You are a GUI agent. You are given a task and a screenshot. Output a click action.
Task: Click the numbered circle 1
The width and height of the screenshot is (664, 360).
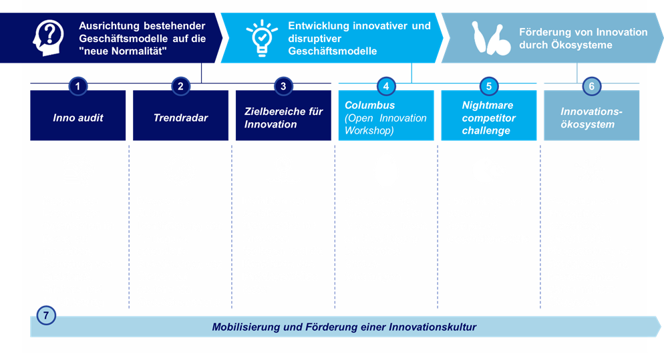coord(78,86)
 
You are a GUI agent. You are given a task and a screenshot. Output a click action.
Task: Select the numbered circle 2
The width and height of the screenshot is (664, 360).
coord(180,86)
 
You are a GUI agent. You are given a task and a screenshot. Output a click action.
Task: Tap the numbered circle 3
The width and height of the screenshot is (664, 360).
coord(283,86)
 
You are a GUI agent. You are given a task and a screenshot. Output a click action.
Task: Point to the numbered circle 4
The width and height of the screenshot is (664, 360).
coord(386,86)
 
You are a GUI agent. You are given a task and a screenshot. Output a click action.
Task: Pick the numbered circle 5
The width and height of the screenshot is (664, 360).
coord(489,86)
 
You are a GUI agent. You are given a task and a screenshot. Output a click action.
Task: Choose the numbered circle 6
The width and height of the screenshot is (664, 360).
coord(591,86)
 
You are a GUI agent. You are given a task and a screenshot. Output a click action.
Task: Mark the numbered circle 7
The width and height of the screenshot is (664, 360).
coord(45,315)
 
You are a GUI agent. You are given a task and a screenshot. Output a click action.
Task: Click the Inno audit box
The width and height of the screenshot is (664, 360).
coord(78,118)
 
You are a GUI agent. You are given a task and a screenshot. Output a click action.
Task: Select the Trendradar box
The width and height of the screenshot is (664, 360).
coord(180,118)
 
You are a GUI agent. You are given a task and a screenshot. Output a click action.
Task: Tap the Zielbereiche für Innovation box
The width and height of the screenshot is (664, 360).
coord(283,118)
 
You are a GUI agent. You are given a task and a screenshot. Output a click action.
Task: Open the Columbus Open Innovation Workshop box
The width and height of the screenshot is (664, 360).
coord(386,118)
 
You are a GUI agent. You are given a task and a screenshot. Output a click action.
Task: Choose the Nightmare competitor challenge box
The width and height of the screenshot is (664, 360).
coord(489,118)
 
